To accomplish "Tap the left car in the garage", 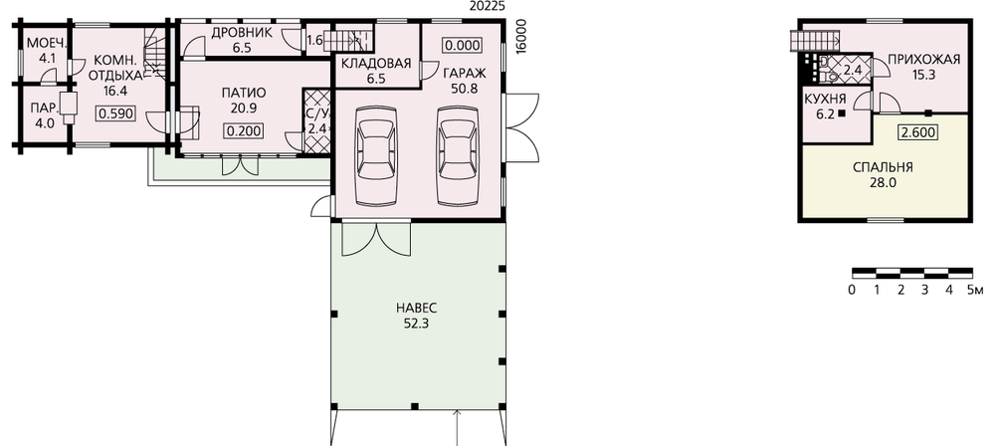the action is click(376, 155).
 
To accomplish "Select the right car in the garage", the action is click(458, 155).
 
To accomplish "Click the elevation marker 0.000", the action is click(463, 45).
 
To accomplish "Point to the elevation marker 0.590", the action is click(114, 113).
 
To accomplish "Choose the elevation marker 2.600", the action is click(918, 132).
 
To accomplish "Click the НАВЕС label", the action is click(417, 309).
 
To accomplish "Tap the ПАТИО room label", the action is click(244, 93).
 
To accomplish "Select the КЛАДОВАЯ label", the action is click(376, 64).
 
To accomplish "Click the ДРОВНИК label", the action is click(242, 33).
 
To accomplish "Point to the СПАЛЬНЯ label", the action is click(883, 167).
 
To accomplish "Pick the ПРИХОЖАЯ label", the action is click(924, 60).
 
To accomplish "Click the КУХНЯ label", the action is click(825, 100).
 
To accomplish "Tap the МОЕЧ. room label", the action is click(47, 43).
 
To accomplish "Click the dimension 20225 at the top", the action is click(488, 6).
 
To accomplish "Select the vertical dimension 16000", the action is click(522, 37).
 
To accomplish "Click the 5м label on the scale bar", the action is click(975, 291).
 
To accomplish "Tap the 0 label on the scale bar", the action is click(852, 291).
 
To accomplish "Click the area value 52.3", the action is click(417, 324).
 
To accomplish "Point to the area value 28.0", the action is click(883, 183).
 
